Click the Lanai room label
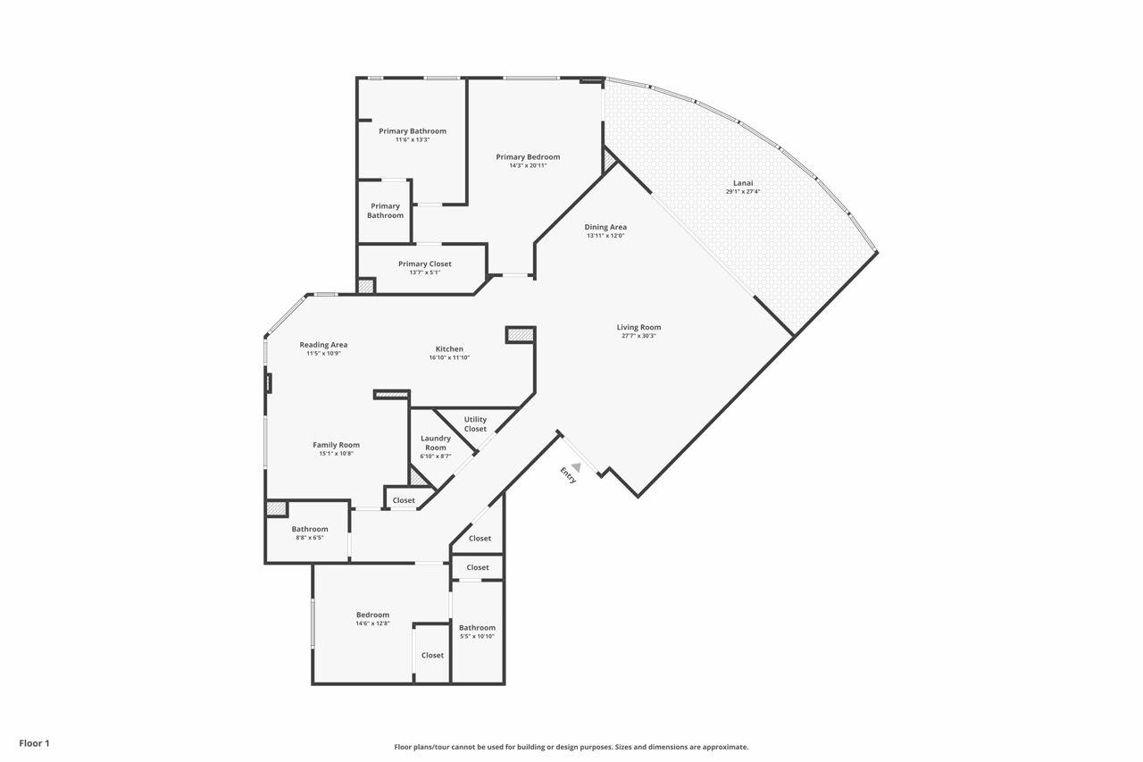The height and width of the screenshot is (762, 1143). (743, 183)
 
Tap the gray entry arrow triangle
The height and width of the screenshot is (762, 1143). (577, 466)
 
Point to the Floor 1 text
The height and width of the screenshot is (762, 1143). (34, 743)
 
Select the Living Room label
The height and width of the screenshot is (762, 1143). (638, 327)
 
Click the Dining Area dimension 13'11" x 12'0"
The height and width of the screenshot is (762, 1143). (605, 236)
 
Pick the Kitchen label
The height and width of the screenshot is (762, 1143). (449, 348)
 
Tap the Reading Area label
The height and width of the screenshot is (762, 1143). (323, 345)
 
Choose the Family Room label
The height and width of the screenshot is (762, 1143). (336, 445)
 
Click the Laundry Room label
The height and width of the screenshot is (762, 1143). (436, 443)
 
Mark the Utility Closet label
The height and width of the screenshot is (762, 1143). (475, 424)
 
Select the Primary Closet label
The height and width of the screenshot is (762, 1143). (425, 264)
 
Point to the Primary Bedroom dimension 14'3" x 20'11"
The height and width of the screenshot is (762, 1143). (528, 165)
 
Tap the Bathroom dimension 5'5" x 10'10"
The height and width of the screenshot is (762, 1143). (477, 636)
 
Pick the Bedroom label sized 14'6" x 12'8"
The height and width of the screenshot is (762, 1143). (372, 615)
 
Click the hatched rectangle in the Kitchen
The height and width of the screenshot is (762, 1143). (520, 335)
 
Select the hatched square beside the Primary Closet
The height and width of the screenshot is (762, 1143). (366, 286)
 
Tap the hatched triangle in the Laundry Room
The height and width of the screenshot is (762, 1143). (418, 478)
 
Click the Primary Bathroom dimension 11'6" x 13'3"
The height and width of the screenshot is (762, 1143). (412, 139)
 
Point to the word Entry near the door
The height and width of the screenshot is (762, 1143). (568, 475)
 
